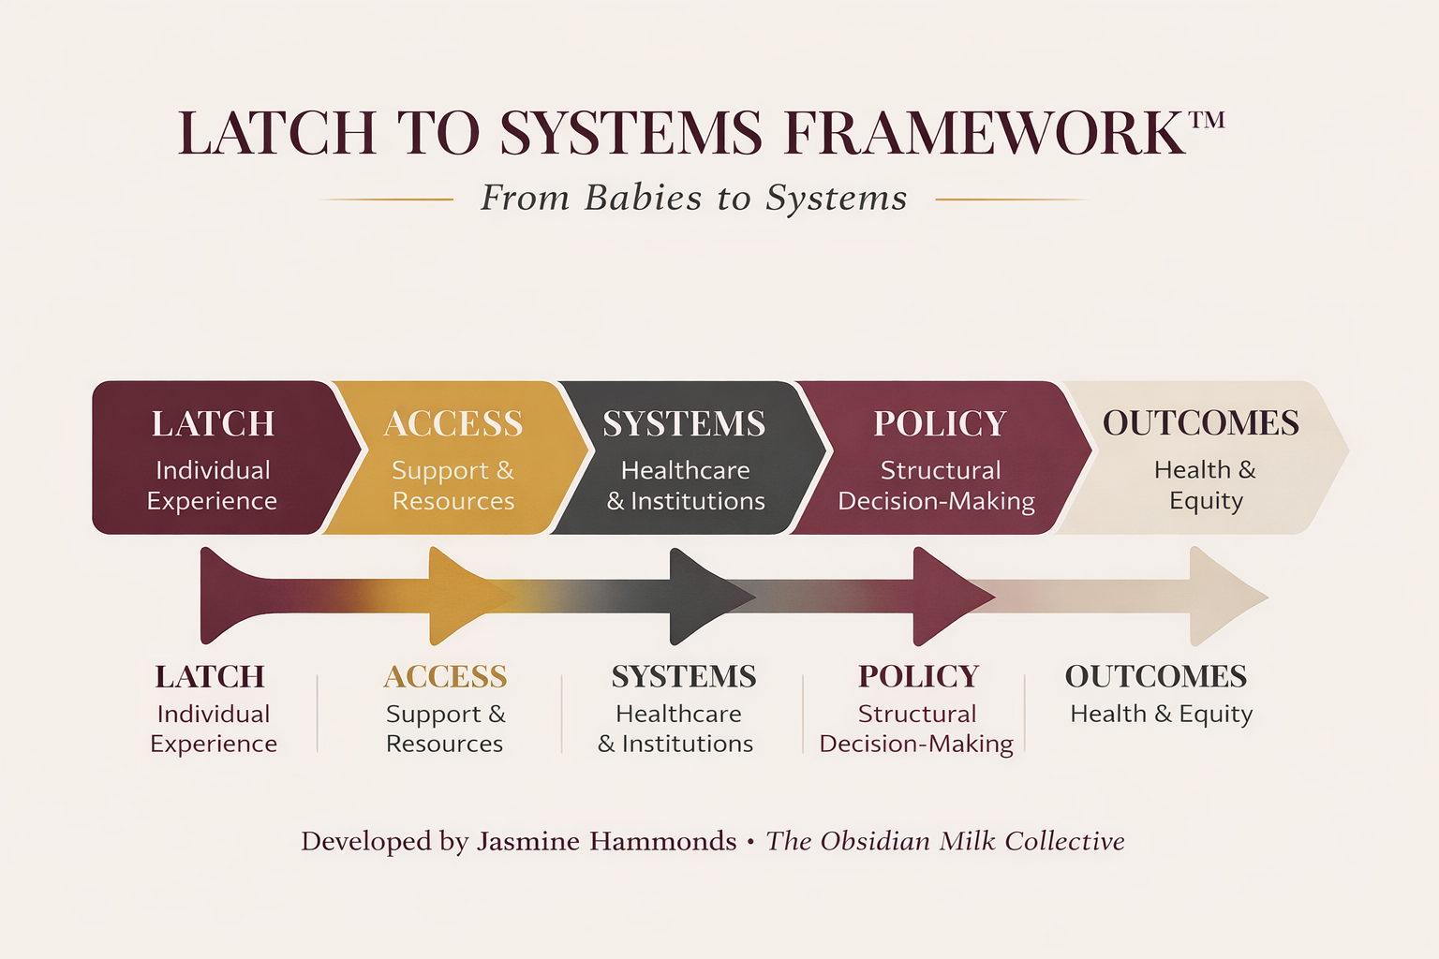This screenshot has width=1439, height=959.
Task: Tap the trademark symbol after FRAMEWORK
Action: pyautogui.click(x=1207, y=121)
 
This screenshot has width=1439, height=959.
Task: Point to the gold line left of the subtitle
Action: pyautogui.click(x=386, y=199)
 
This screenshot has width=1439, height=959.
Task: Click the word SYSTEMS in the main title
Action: pyautogui.click(x=630, y=133)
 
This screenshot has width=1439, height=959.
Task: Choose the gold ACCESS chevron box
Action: pyautogui.click(x=453, y=458)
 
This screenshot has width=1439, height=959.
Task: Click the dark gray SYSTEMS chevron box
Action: pyautogui.click(x=685, y=458)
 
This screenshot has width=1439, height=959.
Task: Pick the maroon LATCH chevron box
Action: pyautogui.click(x=213, y=458)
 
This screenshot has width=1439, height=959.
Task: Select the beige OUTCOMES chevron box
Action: pyautogui.click(x=1201, y=458)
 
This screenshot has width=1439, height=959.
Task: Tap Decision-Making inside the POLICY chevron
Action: pyautogui.click(x=936, y=501)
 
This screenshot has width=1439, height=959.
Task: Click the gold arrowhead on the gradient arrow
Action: pyautogui.click(x=459, y=597)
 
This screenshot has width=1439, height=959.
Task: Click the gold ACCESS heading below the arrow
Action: pyautogui.click(x=445, y=676)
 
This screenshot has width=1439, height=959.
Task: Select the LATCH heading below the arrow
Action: pyautogui.click(x=210, y=676)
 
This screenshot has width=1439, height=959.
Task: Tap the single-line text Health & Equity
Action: pyautogui.click(x=1161, y=714)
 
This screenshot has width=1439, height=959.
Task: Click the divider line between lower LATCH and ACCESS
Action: pyautogui.click(x=318, y=713)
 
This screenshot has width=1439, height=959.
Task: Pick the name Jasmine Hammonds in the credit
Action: pyautogui.click(x=606, y=841)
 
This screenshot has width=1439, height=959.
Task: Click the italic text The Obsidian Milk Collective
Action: pyautogui.click(x=945, y=841)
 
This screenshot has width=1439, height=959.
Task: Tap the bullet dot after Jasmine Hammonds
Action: pyautogui.click(x=750, y=842)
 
